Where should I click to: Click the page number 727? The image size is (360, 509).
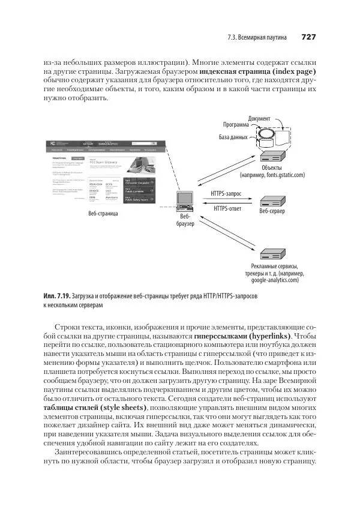pos(308,37)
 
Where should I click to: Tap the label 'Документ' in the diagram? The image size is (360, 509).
pos(259,118)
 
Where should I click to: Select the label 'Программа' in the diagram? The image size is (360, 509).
pos(236,125)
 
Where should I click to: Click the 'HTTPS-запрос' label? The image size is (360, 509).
pos(226,194)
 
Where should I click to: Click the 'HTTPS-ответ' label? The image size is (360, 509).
pos(226,208)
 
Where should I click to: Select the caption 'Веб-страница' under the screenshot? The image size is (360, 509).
pos(103,213)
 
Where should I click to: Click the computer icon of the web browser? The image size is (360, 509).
pos(184,200)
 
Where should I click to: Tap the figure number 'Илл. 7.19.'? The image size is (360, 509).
pos(57,297)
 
